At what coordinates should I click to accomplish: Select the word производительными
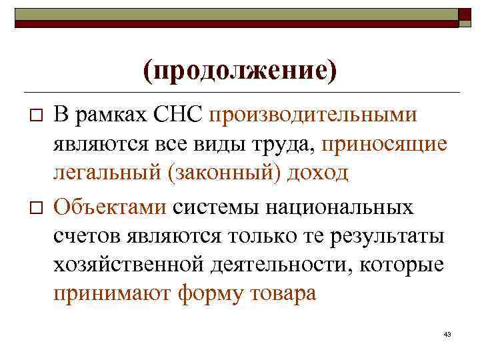[313, 114]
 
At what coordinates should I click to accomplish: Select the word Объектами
[110, 206]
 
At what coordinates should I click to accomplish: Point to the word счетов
[85, 235]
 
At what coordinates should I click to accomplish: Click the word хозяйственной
[125, 265]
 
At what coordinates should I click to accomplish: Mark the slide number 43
[447, 333]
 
